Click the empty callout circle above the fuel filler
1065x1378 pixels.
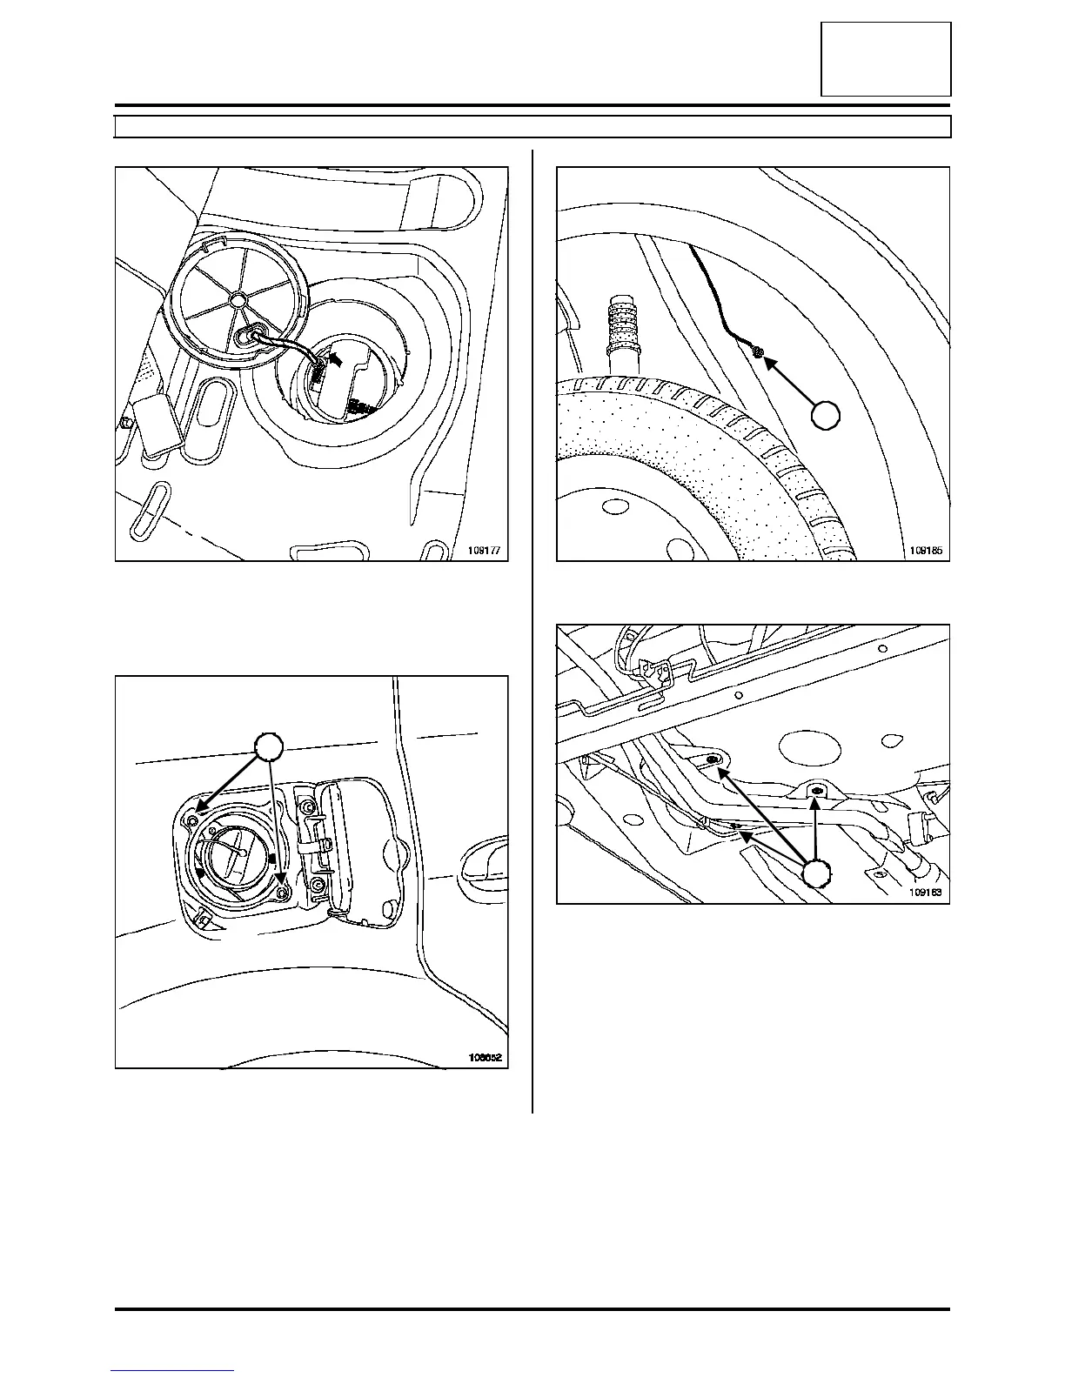coord(270,748)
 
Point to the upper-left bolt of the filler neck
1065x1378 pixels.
coord(194,819)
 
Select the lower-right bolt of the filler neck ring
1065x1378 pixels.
coord(283,893)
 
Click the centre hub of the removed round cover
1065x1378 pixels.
coord(237,298)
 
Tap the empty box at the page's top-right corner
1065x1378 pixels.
coord(886,59)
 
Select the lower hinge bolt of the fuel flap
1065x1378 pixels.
coord(318,886)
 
